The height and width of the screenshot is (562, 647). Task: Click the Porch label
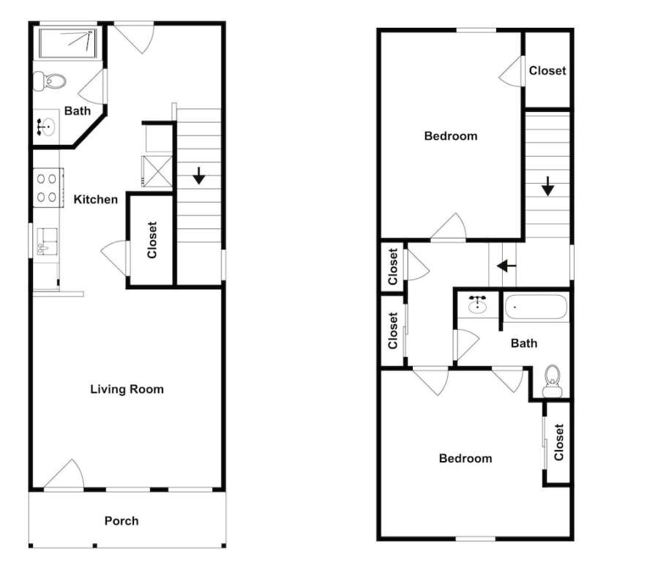pos(121,521)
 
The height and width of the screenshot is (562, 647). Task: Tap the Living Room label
pos(127,389)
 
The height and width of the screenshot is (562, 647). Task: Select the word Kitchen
pos(96,200)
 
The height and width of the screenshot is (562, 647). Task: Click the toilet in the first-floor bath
pos(50,81)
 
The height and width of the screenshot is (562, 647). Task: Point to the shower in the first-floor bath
pos(67,43)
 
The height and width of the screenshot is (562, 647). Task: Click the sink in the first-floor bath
pos(45,127)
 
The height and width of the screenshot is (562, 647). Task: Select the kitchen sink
pos(47,241)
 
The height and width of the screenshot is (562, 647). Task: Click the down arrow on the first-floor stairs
pos(199,176)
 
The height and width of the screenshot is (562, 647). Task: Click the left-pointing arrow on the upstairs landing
pos(506,266)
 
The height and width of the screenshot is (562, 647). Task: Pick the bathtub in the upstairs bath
pos(536,307)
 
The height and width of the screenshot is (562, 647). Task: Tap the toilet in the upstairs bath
pos(552,381)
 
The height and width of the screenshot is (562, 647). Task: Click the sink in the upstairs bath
pos(477,304)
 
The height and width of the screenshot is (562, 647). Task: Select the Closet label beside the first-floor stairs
pos(152,240)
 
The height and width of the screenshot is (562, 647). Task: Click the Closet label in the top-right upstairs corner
pos(547,71)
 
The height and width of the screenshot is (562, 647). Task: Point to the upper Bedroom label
pos(451,136)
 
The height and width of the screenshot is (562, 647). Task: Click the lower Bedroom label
pos(465,458)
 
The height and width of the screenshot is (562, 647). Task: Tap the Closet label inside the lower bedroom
pos(558,442)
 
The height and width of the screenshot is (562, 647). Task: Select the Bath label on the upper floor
pos(524,343)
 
